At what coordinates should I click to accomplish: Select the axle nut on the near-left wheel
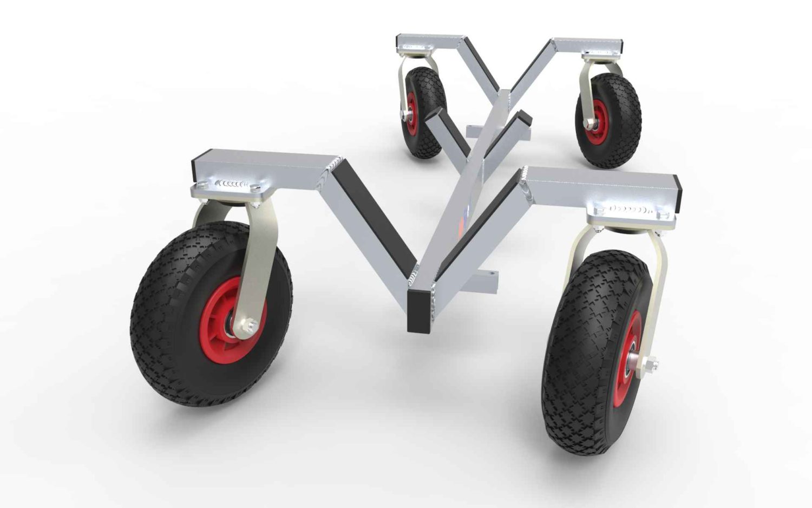[x=250, y=326]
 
